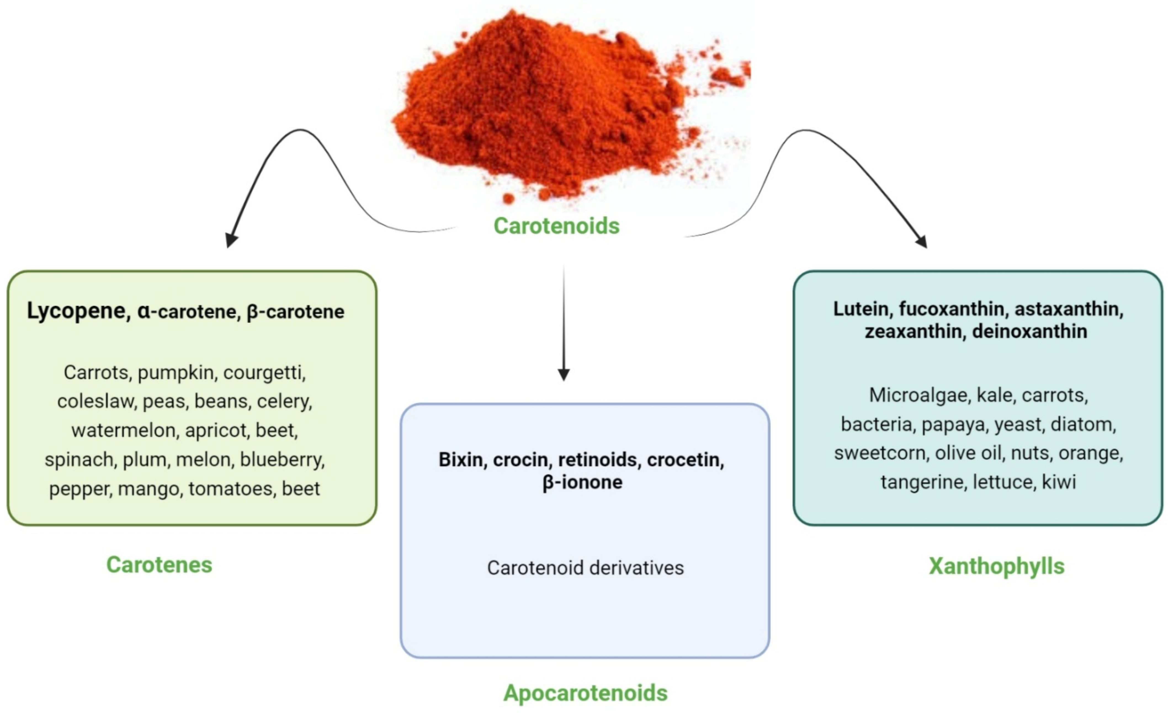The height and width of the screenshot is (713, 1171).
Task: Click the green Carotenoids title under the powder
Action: click(556, 226)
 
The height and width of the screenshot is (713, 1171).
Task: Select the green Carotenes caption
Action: click(159, 565)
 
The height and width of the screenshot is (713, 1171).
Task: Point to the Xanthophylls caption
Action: click(997, 566)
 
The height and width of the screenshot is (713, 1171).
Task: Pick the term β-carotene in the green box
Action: click(296, 312)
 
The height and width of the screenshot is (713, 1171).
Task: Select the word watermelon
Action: click(124, 430)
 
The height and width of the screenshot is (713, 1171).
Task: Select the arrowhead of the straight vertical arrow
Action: click(564, 374)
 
